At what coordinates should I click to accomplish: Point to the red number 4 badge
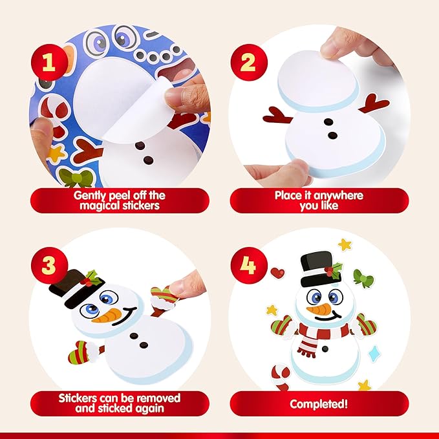pos(248,265)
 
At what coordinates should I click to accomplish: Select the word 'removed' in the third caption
pos(158,398)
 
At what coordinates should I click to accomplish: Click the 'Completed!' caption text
pos(319,404)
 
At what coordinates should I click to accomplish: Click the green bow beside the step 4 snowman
pos(364,281)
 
